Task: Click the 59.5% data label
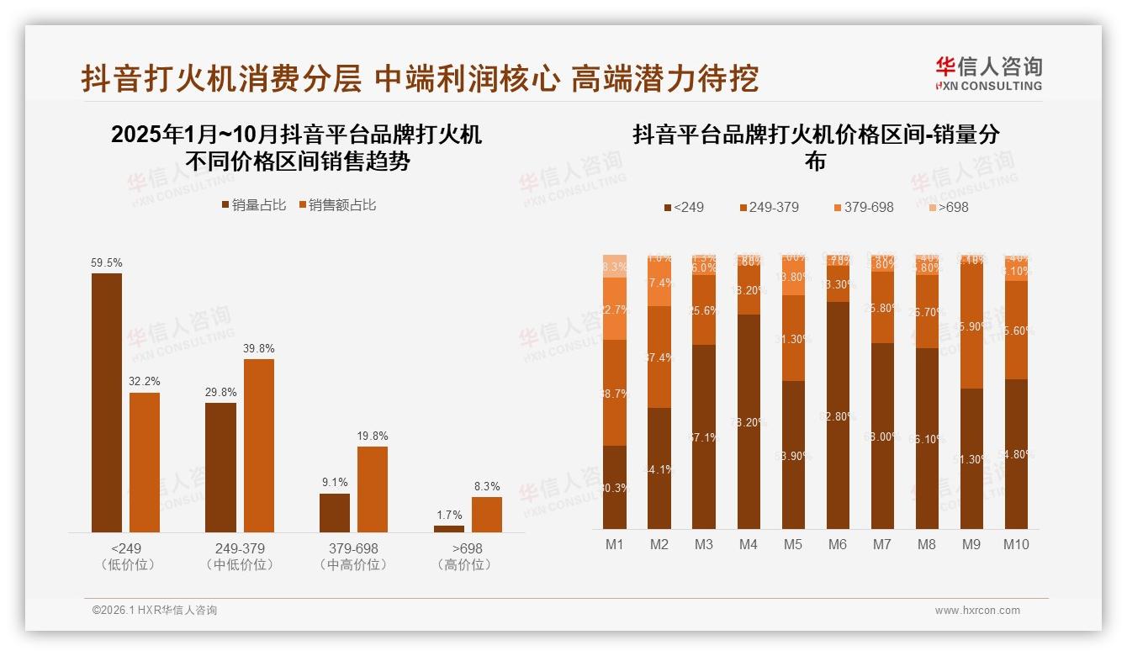point(106,262)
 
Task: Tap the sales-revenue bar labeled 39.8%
point(259,445)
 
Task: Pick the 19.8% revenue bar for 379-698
point(373,489)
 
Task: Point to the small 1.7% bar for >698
point(448,528)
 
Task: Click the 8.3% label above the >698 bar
point(486,486)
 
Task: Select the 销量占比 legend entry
point(253,205)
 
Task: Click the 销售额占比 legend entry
point(336,205)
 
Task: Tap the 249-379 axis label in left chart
point(240,548)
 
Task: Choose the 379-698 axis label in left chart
point(354,548)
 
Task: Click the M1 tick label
point(615,544)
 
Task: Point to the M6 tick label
point(837,544)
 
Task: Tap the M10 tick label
point(1016,544)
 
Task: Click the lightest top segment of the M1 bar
point(615,265)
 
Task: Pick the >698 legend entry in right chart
point(949,207)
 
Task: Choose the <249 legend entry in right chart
point(684,207)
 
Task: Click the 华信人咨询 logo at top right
point(988,72)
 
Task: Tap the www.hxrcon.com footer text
point(977,611)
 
